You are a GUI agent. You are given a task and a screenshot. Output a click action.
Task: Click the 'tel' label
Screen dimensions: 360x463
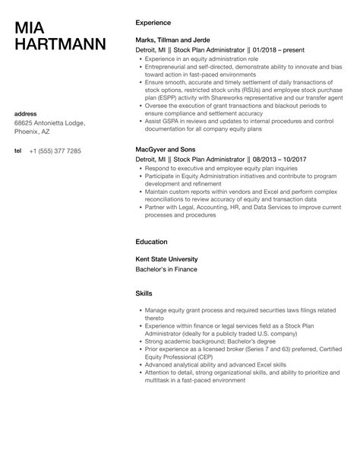(18, 151)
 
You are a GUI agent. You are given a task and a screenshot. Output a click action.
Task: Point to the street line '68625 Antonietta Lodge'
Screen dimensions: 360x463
(49, 123)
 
